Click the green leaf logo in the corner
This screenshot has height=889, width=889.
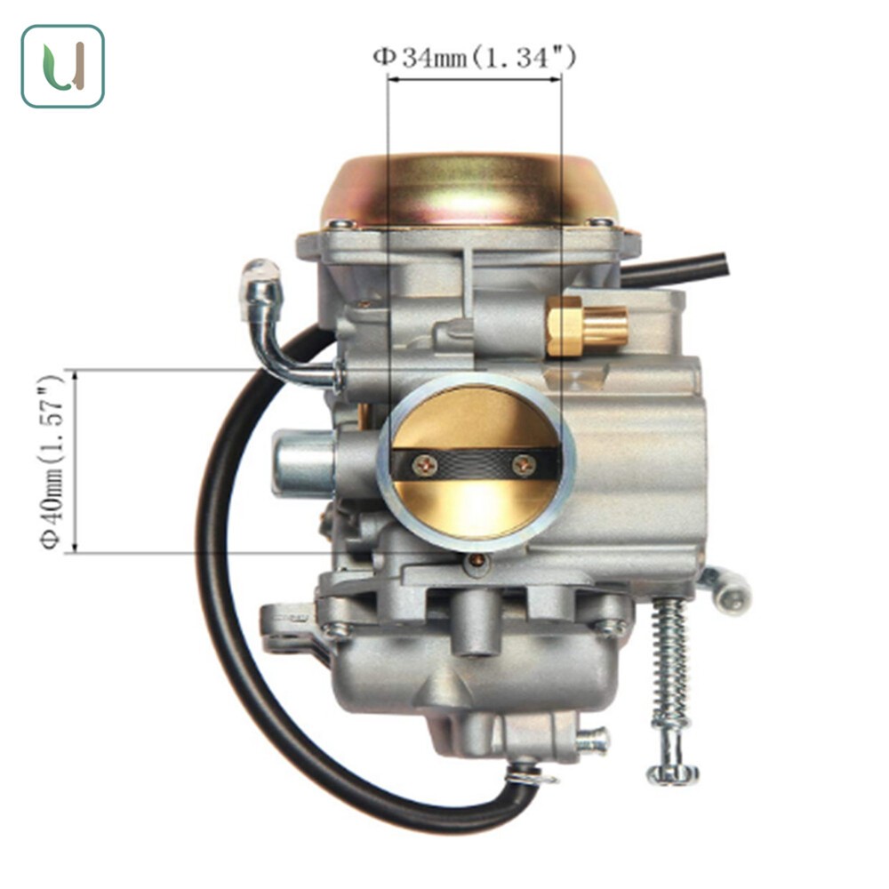point(63,67)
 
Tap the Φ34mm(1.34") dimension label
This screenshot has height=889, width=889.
point(475,57)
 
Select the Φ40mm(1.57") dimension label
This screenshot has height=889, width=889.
point(52,461)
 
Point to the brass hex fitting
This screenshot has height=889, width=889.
point(587,326)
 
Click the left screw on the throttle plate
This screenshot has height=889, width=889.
point(425,466)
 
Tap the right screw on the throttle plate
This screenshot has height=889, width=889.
point(524,466)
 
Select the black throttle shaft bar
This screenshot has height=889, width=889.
point(475,465)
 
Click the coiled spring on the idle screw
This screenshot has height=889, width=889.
point(670,661)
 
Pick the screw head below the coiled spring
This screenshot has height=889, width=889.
point(673,773)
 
